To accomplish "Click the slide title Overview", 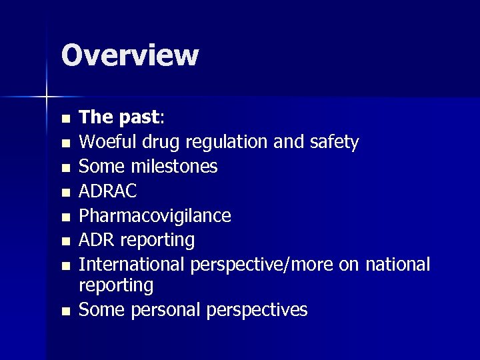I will point(129,55).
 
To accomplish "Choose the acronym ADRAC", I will point(108,191).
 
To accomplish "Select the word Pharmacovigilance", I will point(155,215).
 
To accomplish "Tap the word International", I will point(133,264).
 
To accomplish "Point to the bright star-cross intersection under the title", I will point(47,97).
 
